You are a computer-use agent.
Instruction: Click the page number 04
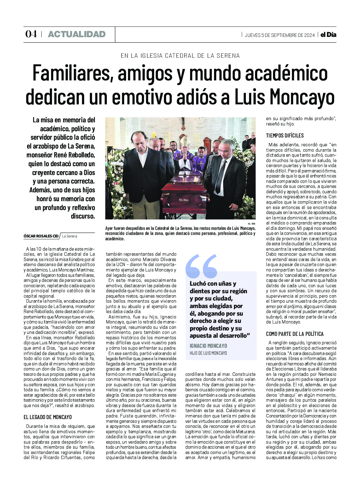point(31,34)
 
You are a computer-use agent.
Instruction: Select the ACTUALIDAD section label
point(77,34)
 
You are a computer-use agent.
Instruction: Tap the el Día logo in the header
point(328,35)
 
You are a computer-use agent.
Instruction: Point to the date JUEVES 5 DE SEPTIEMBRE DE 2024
point(280,35)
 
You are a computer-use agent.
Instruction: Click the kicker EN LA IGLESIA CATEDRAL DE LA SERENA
point(180,56)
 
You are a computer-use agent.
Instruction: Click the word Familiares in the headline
point(71,74)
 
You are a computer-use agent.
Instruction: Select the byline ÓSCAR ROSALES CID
point(41,236)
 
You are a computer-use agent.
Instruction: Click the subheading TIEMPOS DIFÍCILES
point(285,136)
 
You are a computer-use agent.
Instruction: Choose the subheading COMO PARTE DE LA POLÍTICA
point(295,334)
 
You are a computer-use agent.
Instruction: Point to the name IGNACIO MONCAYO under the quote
point(208,346)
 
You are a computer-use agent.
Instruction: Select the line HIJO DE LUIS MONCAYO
point(208,353)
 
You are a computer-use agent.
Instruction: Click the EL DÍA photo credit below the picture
point(252,224)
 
